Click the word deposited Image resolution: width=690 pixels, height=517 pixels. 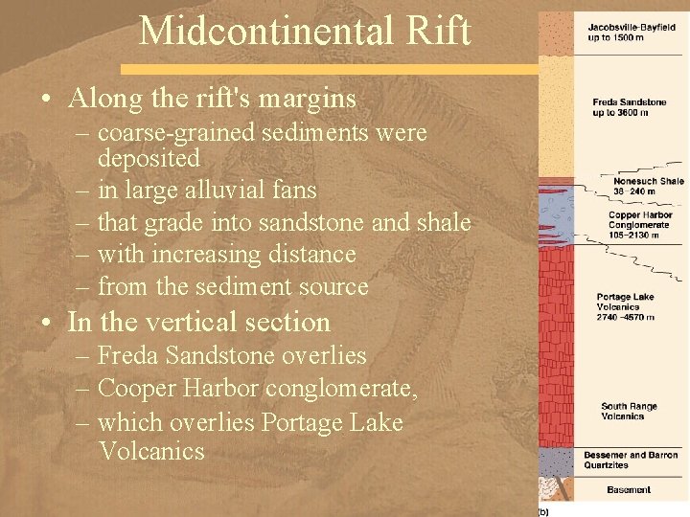[x=149, y=157]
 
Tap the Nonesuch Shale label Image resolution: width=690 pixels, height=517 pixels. [x=649, y=180]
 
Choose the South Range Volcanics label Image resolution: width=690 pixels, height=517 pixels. [x=629, y=411]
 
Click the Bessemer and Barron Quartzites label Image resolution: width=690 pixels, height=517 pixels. [x=629, y=459]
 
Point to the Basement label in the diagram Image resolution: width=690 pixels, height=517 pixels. [x=629, y=490]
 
